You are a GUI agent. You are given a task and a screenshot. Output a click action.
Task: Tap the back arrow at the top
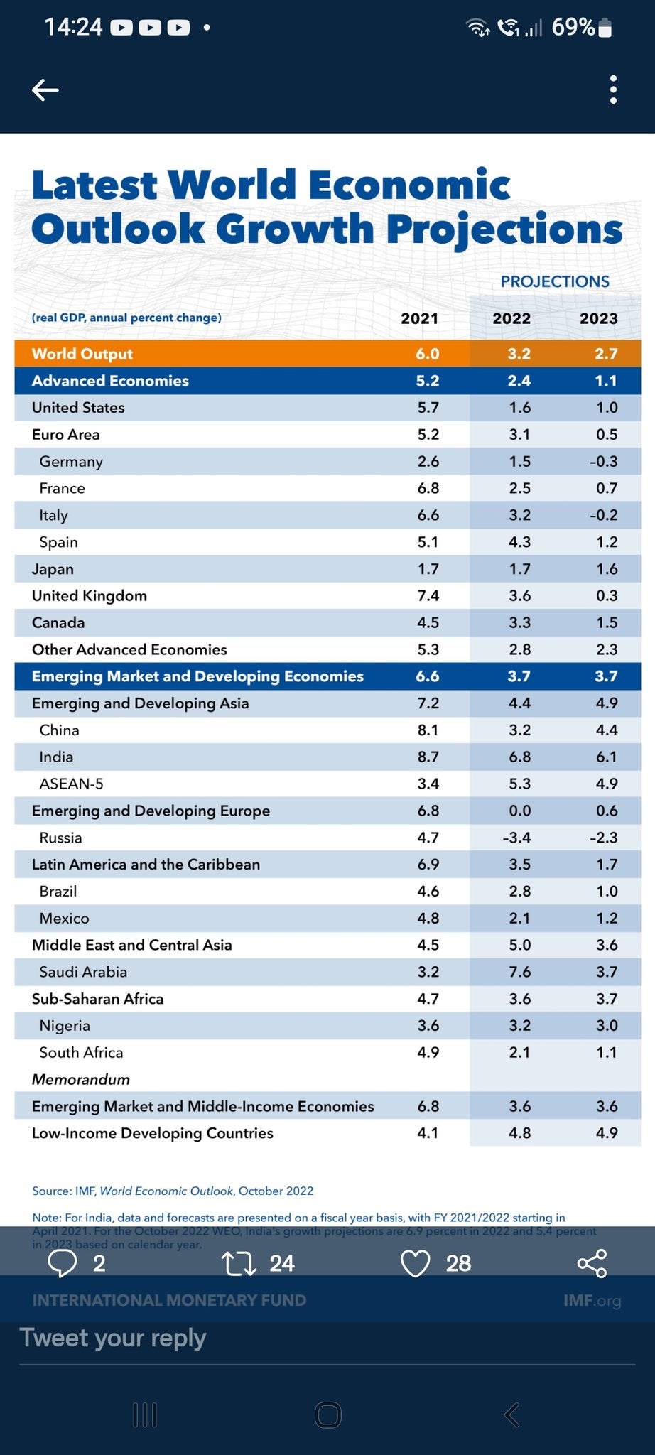tap(45, 90)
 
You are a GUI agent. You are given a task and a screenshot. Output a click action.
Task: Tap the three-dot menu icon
tap(613, 90)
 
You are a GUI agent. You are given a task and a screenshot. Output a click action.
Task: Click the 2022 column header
tap(511, 318)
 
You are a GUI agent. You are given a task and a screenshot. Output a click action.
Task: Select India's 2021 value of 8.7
tap(428, 757)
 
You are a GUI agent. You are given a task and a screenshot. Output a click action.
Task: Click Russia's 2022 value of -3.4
tap(516, 838)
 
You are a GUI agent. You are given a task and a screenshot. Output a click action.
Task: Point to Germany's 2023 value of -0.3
tap(603, 461)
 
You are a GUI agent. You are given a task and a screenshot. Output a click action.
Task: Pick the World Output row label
tap(82, 354)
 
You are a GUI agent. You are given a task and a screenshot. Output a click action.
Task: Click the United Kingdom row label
tap(90, 595)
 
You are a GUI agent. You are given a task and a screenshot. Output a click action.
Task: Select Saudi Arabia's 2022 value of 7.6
tap(519, 972)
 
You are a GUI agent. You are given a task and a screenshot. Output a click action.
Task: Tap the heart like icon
tap(416, 1263)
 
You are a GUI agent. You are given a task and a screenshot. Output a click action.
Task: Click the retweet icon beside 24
tap(239, 1263)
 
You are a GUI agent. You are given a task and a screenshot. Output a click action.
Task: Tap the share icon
tap(592, 1263)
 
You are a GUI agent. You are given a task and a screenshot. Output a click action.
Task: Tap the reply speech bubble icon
tap(63, 1263)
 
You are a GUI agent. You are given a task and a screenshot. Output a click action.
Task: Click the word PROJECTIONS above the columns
tap(554, 281)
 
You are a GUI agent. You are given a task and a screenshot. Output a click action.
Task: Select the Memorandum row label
tap(81, 1079)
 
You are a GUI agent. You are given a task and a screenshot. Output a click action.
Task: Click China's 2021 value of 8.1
tap(428, 730)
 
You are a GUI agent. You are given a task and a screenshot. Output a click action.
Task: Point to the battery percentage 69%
tap(573, 27)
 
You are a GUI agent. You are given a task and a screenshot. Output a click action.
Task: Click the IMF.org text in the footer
tap(592, 1300)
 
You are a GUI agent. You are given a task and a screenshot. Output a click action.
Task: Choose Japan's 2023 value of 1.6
tap(606, 569)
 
